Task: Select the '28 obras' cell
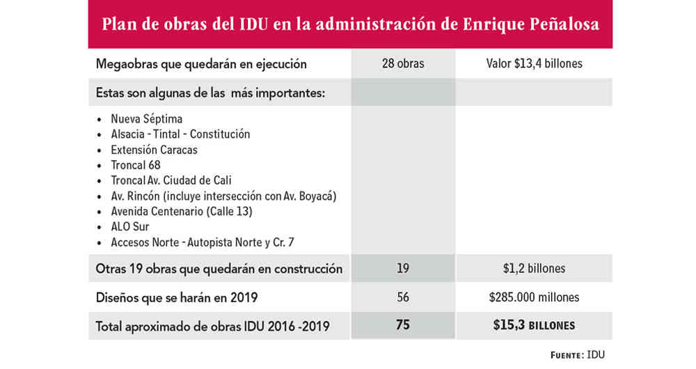[x=403, y=64]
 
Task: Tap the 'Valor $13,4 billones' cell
[x=534, y=64]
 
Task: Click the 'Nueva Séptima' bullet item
[x=147, y=119]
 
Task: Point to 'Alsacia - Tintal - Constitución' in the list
[x=180, y=134]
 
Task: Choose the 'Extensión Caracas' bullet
[x=154, y=150]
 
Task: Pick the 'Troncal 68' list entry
[x=136, y=165]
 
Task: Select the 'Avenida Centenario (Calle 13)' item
[x=181, y=211]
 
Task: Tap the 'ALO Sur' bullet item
[x=130, y=226]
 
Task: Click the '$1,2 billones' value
[x=534, y=269]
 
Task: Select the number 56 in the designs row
[x=403, y=297]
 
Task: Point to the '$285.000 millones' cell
[x=534, y=297]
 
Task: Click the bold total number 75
[x=403, y=325]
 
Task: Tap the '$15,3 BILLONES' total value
[x=534, y=325]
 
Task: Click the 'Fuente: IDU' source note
[x=578, y=354]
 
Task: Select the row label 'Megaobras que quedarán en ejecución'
[x=201, y=64]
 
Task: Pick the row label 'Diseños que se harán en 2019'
[x=177, y=297]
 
